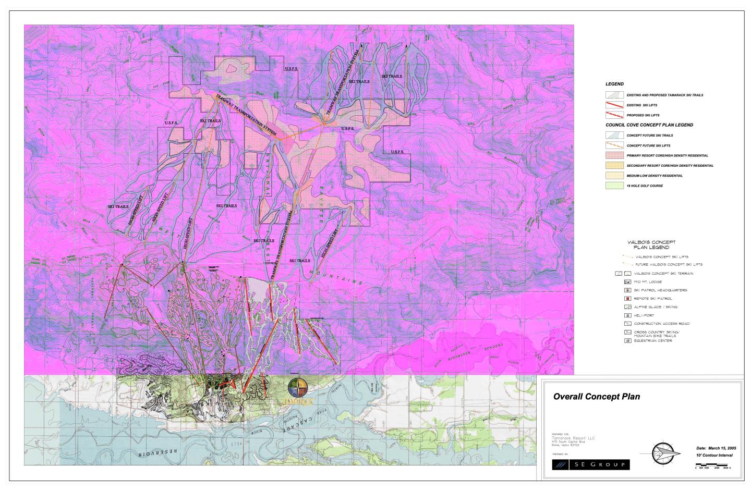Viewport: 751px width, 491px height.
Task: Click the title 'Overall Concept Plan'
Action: (x=596, y=397)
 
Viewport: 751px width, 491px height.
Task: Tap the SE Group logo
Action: (x=590, y=464)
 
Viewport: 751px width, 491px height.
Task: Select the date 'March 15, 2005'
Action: (x=716, y=448)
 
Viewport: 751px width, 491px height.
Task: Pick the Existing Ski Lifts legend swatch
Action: (x=614, y=105)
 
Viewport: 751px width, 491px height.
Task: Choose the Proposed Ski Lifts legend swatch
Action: (x=614, y=115)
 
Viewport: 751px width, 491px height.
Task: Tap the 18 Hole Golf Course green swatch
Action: (x=614, y=186)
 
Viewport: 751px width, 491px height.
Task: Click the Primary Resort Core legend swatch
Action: (x=614, y=155)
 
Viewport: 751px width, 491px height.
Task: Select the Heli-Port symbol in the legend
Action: (x=628, y=315)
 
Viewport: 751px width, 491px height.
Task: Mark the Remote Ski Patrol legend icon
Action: (x=628, y=299)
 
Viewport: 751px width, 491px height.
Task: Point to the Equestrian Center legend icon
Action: (x=628, y=341)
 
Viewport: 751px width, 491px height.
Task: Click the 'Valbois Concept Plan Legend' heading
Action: (x=651, y=244)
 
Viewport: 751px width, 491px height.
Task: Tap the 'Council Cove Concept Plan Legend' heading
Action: (x=649, y=125)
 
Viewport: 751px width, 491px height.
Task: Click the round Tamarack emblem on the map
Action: (x=298, y=388)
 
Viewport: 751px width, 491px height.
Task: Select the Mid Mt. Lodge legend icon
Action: (x=628, y=282)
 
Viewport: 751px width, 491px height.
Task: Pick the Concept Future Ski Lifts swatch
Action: (x=614, y=145)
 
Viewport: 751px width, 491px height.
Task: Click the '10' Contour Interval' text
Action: (x=714, y=455)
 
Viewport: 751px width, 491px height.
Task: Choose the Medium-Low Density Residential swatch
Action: (x=614, y=176)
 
